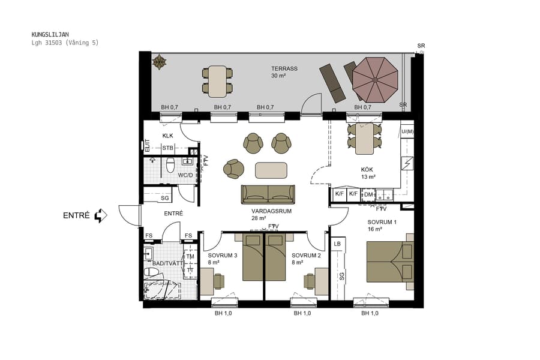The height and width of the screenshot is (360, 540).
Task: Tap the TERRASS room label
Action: (x=284, y=69)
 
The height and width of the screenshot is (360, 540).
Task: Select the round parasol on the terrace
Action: (x=375, y=80)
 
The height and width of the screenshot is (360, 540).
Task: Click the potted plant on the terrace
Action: (x=160, y=61)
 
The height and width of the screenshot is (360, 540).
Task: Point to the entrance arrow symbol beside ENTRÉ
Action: (x=100, y=215)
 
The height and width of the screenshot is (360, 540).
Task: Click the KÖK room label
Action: (x=368, y=169)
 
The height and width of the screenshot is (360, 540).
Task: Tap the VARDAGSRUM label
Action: (x=271, y=211)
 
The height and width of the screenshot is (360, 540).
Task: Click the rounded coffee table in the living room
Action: (x=271, y=170)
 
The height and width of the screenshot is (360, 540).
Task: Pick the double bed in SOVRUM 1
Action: (x=390, y=261)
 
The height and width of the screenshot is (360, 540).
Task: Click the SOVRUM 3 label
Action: (x=223, y=255)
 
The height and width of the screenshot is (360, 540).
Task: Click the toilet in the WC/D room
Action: (x=170, y=165)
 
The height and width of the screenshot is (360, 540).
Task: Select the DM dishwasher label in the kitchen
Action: (x=368, y=194)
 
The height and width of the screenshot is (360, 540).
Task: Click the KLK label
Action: (x=167, y=136)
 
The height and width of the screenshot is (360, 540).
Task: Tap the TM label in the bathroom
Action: (x=190, y=257)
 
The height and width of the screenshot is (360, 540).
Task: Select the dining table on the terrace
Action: (x=217, y=81)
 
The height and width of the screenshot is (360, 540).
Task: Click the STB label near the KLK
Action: (x=168, y=148)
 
